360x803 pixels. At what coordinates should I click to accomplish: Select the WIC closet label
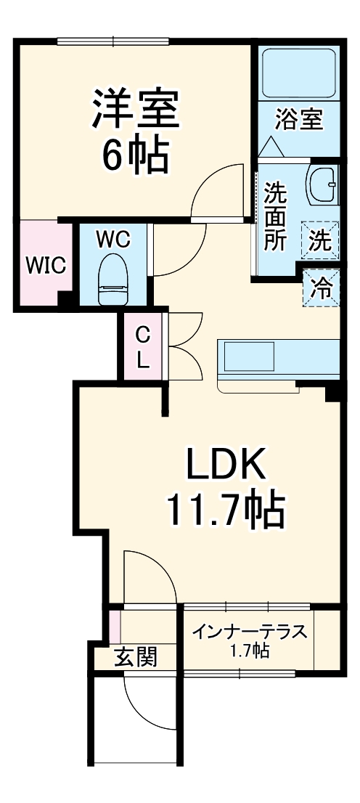tap(46, 265)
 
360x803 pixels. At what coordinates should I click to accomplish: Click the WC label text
tap(113, 239)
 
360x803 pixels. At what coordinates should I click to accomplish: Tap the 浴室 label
tap(299, 118)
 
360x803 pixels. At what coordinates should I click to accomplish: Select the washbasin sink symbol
tap(321, 185)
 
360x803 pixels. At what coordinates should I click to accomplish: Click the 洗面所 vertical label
tap(274, 216)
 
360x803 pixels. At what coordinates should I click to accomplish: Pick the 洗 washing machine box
tap(320, 240)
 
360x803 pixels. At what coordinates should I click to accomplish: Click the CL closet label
tap(144, 346)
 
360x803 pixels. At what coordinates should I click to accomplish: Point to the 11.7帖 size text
tap(225, 510)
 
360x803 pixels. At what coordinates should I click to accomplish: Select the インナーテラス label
tap(250, 632)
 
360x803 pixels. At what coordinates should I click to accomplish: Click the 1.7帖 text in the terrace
tap(250, 651)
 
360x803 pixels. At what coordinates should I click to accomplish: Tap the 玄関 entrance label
tap(135, 659)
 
